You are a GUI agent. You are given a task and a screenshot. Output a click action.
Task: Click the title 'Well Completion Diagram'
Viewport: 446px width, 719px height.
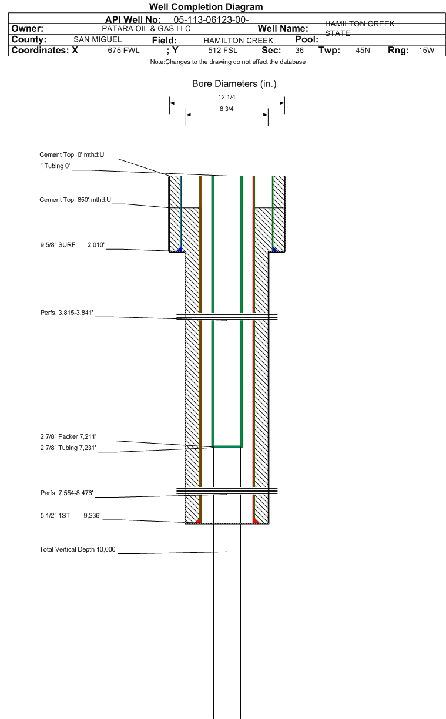[x=206, y=6]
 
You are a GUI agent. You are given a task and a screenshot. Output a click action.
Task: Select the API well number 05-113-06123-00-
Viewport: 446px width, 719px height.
[x=211, y=20]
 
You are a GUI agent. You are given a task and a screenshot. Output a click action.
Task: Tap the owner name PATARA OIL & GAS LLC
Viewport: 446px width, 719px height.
[x=146, y=29]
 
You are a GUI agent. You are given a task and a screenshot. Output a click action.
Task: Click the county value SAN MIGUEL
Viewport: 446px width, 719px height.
[x=98, y=39]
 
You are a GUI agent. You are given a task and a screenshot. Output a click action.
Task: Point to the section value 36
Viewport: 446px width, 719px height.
[x=299, y=51]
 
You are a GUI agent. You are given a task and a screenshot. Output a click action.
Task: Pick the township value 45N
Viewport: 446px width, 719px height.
[x=363, y=51]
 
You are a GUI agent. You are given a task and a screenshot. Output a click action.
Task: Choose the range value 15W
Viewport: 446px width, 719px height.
[x=427, y=51]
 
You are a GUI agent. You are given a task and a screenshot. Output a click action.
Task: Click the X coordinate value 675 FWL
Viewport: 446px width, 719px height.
[x=123, y=51]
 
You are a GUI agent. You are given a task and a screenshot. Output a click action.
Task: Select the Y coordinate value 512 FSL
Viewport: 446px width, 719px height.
[x=223, y=51]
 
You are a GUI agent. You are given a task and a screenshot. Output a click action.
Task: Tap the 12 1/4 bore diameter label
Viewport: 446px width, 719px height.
[x=227, y=97]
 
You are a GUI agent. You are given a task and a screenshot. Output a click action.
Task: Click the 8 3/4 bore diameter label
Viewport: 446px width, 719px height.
[x=227, y=109]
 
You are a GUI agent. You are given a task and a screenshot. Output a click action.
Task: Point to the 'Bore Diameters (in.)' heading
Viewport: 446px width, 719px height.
[x=234, y=84]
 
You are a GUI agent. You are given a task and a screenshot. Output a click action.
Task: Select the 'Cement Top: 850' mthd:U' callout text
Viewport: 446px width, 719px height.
[x=75, y=200]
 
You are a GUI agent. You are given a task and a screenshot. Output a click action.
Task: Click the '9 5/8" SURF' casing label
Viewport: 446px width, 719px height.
[x=58, y=245]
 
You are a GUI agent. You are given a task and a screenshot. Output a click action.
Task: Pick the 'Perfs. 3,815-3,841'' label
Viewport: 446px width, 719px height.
[x=67, y=313]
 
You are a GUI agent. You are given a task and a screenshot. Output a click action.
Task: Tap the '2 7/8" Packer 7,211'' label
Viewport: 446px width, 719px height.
[x=68, y=436]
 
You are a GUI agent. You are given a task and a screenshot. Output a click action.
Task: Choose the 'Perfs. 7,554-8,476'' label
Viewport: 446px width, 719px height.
[x=67, y=493]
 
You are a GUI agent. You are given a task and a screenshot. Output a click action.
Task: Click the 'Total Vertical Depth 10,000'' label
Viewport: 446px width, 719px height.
[x=78, y=549]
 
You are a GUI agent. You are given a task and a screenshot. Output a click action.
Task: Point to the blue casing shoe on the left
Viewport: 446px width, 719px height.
[x=180, y=249]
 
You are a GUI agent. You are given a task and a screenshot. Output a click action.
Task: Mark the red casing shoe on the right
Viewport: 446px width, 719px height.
[x=256, y=520]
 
